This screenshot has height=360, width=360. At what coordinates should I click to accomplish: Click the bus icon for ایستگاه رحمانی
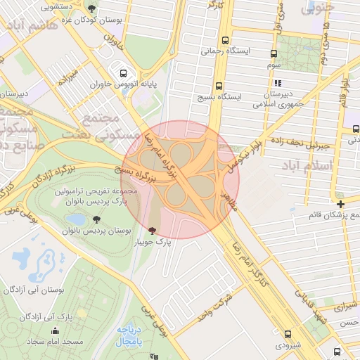pos(226,40)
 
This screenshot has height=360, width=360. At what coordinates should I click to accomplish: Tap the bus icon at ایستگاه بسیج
pos(220,84)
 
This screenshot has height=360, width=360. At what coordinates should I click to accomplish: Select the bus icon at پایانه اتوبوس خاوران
pos(124,73)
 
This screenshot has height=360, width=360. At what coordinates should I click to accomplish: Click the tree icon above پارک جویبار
pos(153,231)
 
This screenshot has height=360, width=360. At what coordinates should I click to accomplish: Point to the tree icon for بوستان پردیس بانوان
pos(96,220)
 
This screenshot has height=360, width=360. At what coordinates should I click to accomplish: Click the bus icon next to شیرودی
pos(288,335)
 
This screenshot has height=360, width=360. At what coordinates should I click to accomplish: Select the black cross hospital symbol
pos(341,204)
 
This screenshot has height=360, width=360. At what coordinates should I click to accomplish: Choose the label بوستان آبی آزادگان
pos(42,290)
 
